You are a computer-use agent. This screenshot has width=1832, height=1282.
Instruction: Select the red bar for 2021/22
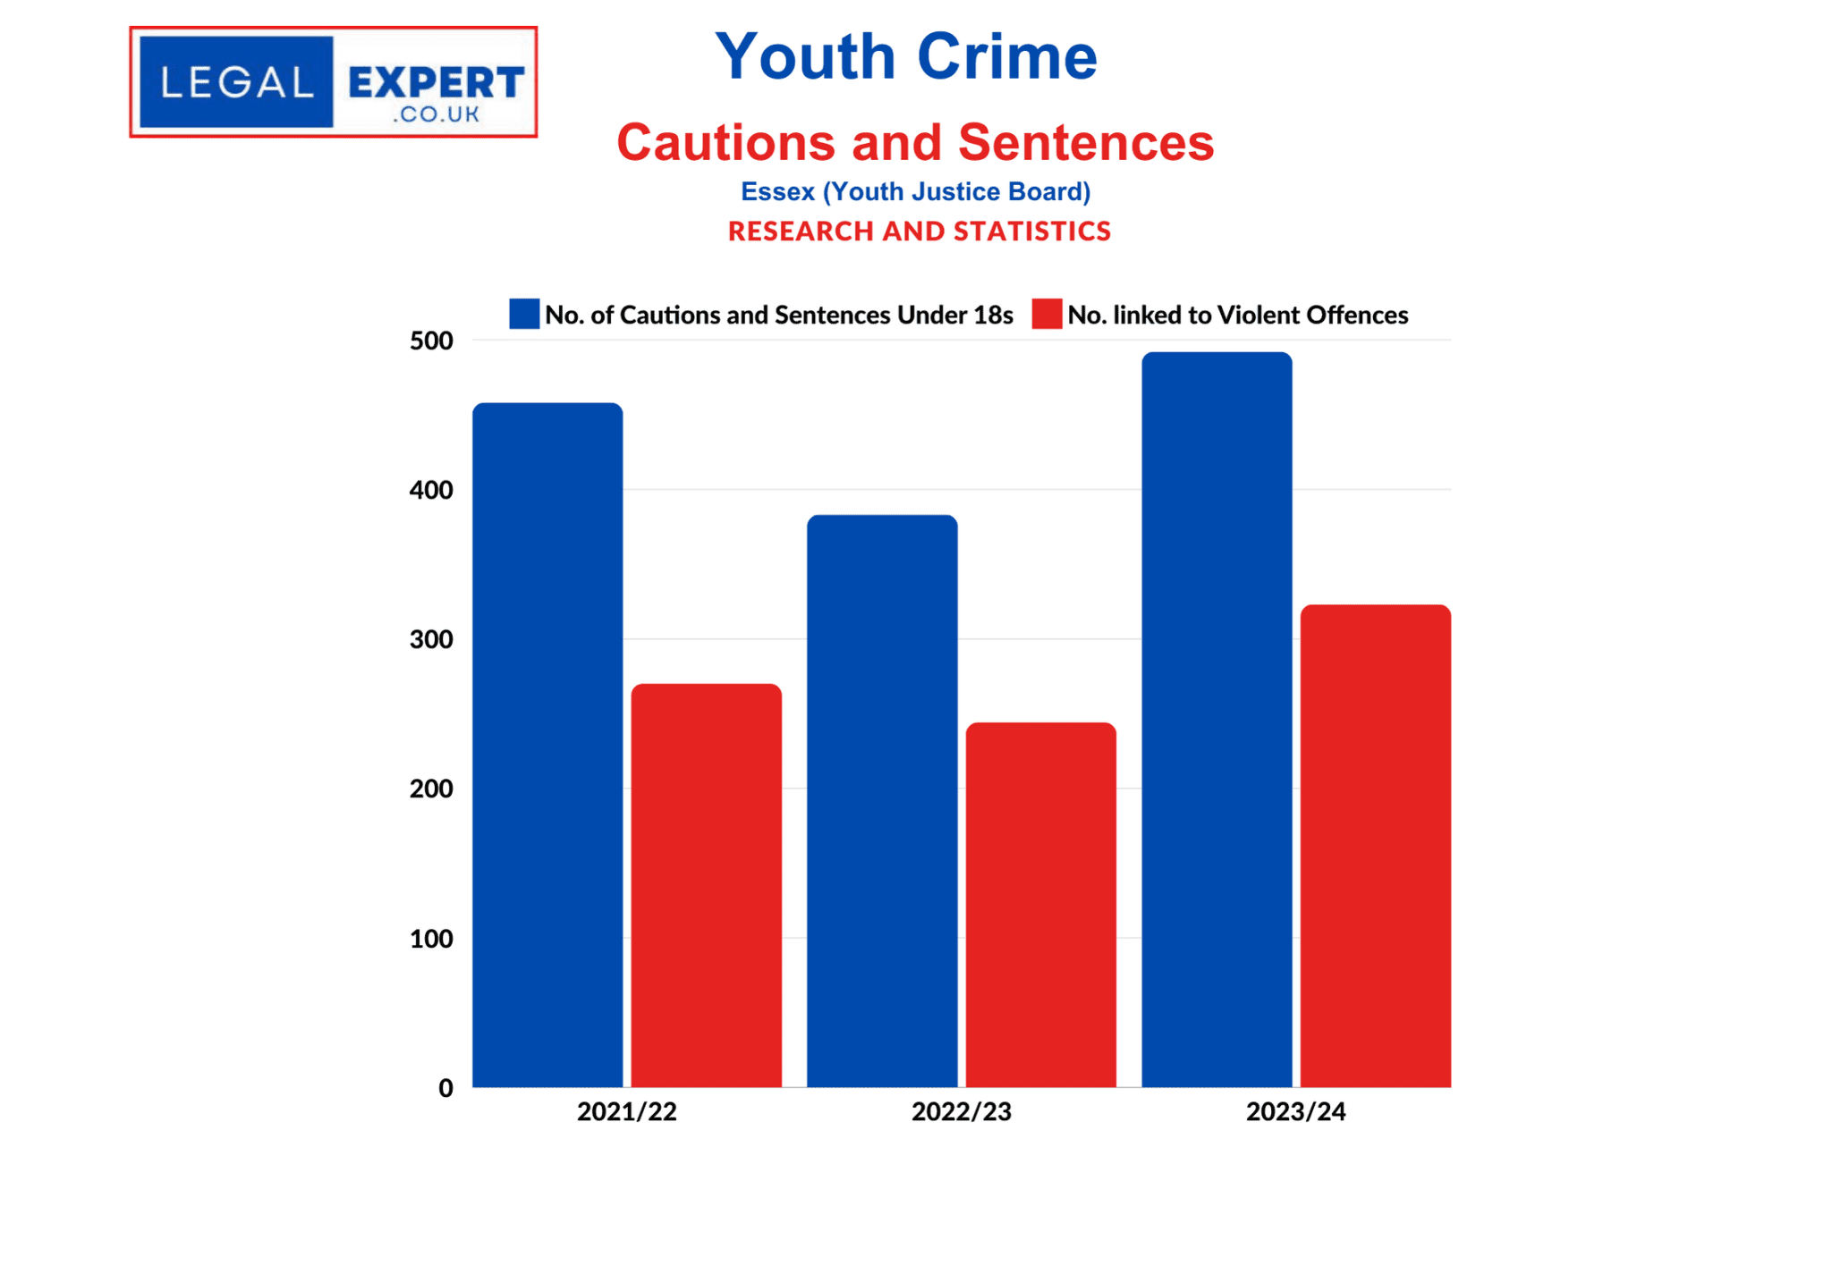(706, 885)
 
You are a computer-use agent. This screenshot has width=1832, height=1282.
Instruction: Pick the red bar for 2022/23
(1040, 904)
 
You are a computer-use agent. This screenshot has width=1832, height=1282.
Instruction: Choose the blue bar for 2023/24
(1216, 719)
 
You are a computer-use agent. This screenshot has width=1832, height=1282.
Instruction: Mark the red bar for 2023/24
(1375, 846)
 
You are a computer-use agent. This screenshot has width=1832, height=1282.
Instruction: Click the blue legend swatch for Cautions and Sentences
(524, 314)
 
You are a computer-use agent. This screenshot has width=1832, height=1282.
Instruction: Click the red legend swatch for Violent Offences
(1046, 314)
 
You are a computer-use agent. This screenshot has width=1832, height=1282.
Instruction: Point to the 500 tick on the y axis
(431, 341)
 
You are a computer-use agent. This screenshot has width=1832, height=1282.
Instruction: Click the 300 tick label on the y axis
(431, 639)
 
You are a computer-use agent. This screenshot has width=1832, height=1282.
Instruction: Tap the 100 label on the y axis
(431, 939)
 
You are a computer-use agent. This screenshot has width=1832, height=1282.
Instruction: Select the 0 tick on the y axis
(445, 1088)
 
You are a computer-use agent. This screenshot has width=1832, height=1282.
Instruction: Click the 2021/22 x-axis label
(626, 1111)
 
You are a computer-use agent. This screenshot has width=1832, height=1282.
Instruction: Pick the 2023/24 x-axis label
(1295, 1111)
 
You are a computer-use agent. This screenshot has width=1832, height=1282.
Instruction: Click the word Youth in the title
(804, 56)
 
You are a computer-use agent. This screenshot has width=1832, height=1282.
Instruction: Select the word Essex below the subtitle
(776, 191)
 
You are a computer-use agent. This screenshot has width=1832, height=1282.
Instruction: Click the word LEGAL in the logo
(236, 83)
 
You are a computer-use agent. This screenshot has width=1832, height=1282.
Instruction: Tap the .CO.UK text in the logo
(436, 114)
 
